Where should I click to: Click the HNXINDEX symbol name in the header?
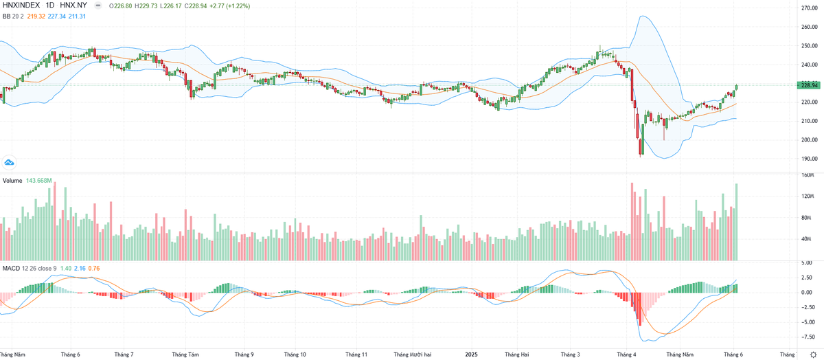tap(21, 5)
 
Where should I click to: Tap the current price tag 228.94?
tap(810, 85)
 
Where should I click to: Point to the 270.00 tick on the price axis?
tap(810, 8)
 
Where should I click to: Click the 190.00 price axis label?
tap(810, 159)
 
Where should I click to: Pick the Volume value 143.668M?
tap(40, 181)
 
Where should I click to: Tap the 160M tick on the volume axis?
tap(808, 175)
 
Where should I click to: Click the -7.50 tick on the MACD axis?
tap(808, 337)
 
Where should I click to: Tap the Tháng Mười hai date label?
tap(413, 355)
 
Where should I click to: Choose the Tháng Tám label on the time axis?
tap(185, 355)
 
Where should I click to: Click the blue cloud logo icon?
tap(10, 162)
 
